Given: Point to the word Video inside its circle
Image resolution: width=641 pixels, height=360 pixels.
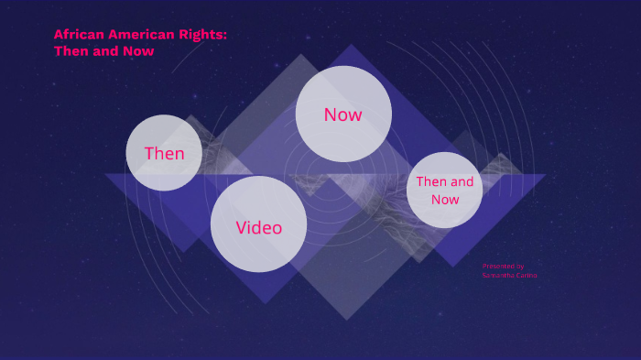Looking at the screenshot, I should [258, 227].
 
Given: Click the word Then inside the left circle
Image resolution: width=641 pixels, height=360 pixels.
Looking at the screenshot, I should [164, 153].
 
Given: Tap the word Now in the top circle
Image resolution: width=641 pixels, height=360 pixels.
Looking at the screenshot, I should [343, 115].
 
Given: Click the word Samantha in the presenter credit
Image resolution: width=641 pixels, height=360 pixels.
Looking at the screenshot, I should [495, 275].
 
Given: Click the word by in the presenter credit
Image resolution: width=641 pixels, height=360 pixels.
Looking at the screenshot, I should [520, 266].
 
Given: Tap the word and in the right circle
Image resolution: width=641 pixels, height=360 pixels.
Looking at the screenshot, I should [462, 181].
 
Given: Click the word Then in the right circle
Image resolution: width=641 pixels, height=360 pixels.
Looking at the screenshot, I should [432, 181].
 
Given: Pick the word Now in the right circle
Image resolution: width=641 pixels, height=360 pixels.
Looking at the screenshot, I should [445, 199].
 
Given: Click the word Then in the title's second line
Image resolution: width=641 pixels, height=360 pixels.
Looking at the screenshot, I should [71, 51].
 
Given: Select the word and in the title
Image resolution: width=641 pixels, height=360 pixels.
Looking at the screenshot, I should [107, 51].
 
